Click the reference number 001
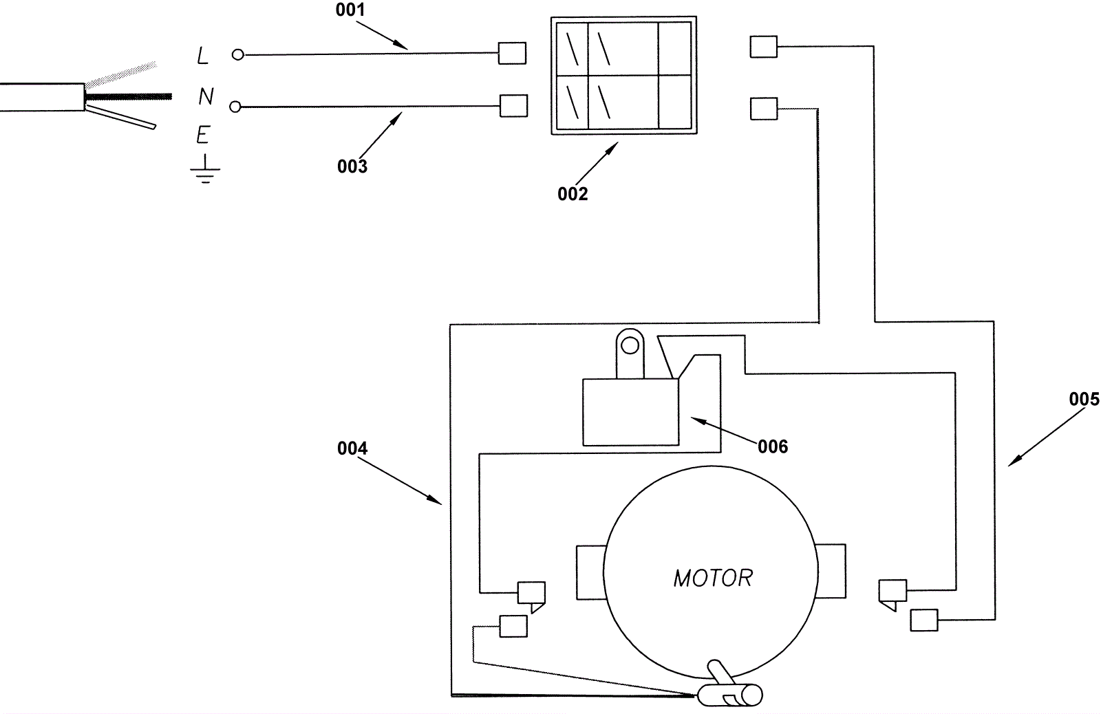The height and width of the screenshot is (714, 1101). (x=350, y=10)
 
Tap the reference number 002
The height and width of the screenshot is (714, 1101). (x=573, y=194)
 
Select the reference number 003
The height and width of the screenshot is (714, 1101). (x=352, y=166)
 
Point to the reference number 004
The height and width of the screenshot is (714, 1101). (x=352, y=448)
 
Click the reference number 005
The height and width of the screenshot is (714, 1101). (x=1084, y=399)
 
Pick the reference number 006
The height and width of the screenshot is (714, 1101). (x=773, y=446)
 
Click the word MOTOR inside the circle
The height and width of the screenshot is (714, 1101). (x=713, y=578)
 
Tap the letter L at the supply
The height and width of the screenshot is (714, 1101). (x=202, y=56)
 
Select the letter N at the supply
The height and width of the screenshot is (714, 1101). (x=206, y=96)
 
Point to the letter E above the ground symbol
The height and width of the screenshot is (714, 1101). (x=204, y=135)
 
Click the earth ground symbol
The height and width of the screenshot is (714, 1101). (x=205, y=169)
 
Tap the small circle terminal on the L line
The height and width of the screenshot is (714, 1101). (x=238, y=55)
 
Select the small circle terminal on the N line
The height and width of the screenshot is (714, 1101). (x=235, y=107)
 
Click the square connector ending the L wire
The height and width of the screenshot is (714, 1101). (x=512, y=53)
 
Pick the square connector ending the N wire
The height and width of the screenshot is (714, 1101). (x=513, y=106)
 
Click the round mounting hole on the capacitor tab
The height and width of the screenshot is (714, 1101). (x=630, y=346)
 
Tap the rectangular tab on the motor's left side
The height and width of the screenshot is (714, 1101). (x=590, y=572)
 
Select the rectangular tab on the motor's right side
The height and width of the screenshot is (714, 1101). (x=831, y=571)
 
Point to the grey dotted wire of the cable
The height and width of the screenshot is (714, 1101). (x=121, y=75)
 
